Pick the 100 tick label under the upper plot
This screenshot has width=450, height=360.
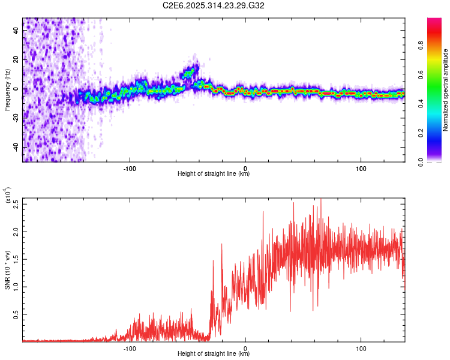pos(361,167)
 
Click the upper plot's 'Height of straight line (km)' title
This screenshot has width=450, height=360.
pos(214,174)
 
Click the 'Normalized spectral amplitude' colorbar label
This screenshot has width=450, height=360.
pos(446,90)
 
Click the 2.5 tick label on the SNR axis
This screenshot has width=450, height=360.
pos(16,203)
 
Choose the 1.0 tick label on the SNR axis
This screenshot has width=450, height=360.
pos(16,286)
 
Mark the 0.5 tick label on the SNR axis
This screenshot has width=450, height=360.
pos(16,314)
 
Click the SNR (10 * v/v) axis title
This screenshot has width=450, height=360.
pos(7,270)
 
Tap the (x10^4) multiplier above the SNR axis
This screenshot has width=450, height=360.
pos(7,196)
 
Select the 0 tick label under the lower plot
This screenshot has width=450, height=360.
pos(245,349)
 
